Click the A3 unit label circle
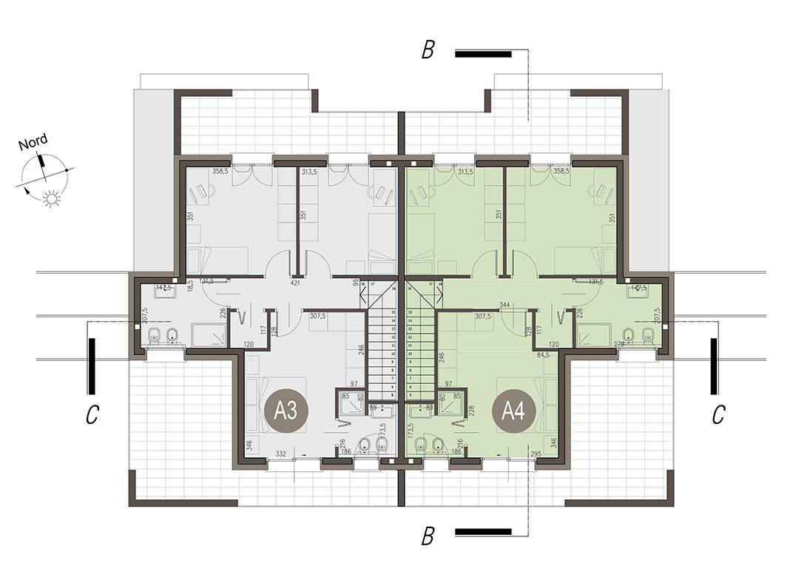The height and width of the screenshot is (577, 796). click(x=285, y=411)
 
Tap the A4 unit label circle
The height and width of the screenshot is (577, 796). click(x=513, y=411)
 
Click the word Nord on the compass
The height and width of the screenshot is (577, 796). click(x=33, y=143)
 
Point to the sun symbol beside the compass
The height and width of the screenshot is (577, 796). click(x=52, y=198)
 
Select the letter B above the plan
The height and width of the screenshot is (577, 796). click(x=428, y=50)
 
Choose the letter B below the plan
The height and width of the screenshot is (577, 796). click(x=428, y=536)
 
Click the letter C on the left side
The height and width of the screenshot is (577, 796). click(x=91, y=416)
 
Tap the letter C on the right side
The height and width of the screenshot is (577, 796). click(x=718, y=416)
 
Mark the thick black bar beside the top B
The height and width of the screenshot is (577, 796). click(x=483, y=53)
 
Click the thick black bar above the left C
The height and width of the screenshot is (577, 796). click(x=91, y=367)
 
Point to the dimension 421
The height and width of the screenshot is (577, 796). click(x=294, y=283)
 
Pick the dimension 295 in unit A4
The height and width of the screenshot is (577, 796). click(x=536, y=453)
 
